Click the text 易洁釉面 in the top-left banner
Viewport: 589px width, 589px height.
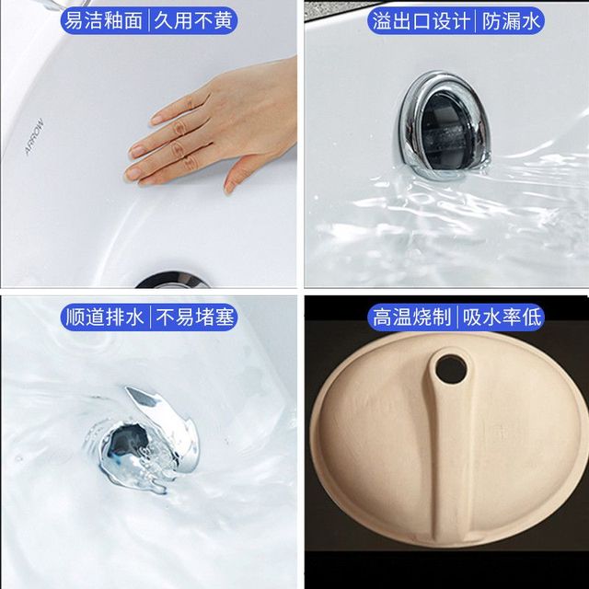[x=104, y=20]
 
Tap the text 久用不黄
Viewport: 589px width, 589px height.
[x=193, y=20]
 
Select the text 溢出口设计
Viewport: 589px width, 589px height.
[x=422, y=21]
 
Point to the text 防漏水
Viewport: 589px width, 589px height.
[x=511, y=21]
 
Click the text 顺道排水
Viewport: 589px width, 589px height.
[x=104, y=317]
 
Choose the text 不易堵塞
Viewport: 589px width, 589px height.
[x=194, y=317]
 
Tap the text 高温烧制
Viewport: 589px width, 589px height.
[x=411, y=318]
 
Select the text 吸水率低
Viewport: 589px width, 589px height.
[x=502, y=318]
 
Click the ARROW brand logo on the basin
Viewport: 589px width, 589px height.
[x=34, y=137]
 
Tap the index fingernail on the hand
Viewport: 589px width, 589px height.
[x=157, y=120]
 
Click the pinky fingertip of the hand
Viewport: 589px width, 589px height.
[x=133, y=174]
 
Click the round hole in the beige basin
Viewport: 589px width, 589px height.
[x=451, y=370]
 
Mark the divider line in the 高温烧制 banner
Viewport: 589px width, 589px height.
[x=456, y=318]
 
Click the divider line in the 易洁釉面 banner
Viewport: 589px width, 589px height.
[x=149, y=20]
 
